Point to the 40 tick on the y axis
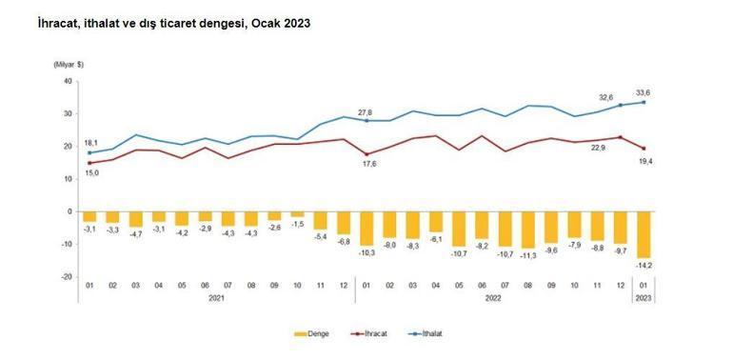pyautogui.click(x=68, y=81)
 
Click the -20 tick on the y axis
pyautogui.click(x=66, y=276)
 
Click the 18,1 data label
pyautogui.click(x=91, y=141)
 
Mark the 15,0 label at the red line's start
pyautogui.click(x=91, y=172)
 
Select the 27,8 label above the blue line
pyautogui.click(x=366, y=111)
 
